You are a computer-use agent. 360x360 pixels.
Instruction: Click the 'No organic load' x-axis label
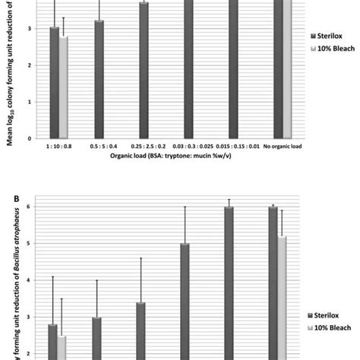(x=282, y=147)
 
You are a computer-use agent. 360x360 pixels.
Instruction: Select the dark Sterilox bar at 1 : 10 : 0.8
(x=54, y=83)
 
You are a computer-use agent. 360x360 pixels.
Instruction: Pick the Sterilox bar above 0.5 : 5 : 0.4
(x=99, y=79)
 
